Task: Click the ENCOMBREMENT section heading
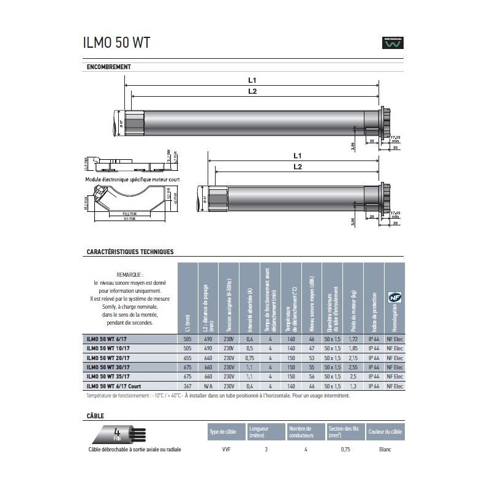110,67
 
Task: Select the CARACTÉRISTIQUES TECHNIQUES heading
130,252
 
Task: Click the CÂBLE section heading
95,416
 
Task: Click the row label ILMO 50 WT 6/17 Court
118,387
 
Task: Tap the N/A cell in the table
208,387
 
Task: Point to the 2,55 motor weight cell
353,366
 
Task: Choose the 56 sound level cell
312,377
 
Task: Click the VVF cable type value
224,450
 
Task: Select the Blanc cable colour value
385,450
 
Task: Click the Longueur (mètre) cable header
257,432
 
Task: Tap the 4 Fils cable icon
118,434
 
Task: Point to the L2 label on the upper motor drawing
252,92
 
